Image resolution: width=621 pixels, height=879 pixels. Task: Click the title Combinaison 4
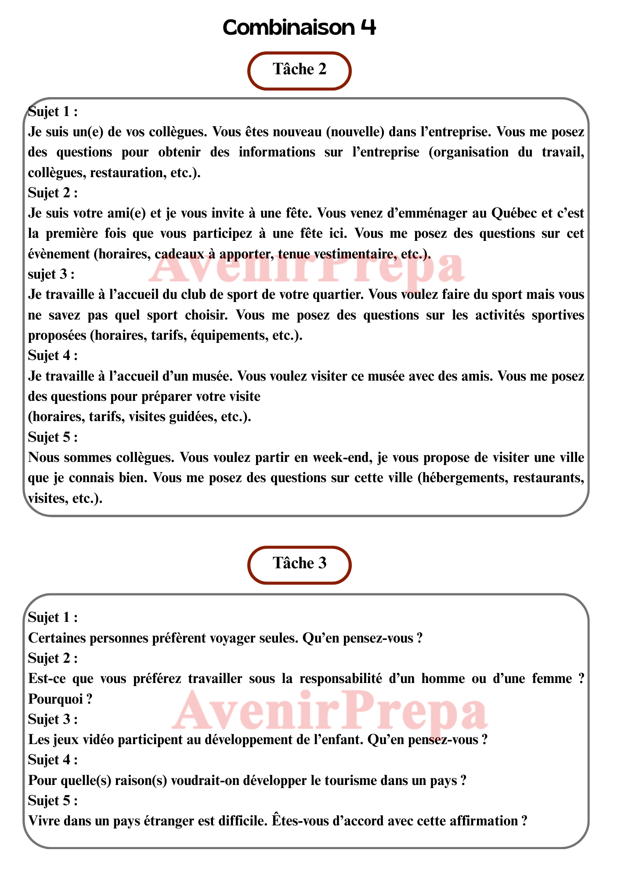(300, 27)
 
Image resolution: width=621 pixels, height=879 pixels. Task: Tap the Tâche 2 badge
(300, 70)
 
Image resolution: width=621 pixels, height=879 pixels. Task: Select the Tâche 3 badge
(300, 564)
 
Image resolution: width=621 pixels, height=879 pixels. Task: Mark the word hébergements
(459, 478)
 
